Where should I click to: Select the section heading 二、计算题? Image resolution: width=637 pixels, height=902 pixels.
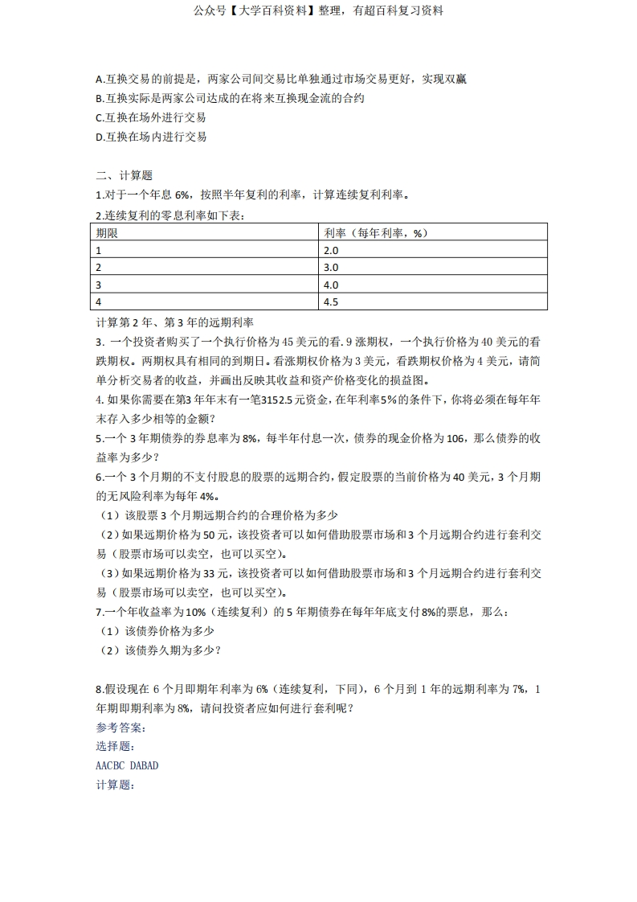[x=124, y=175]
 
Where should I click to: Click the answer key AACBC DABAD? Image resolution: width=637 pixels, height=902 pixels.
[x=127, y=765]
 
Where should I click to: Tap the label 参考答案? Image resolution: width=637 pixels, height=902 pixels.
[x=120, y=728]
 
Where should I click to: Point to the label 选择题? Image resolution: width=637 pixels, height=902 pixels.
[x=115, y=746]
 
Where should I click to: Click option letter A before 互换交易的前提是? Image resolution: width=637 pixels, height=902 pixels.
[x=99, y=79]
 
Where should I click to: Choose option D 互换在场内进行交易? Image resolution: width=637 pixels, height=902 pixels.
[x=151, y=137]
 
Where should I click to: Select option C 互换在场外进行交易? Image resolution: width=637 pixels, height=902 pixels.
[x=151, y=117]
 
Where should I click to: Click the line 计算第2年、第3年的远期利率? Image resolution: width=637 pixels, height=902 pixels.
[x=174, y=322]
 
